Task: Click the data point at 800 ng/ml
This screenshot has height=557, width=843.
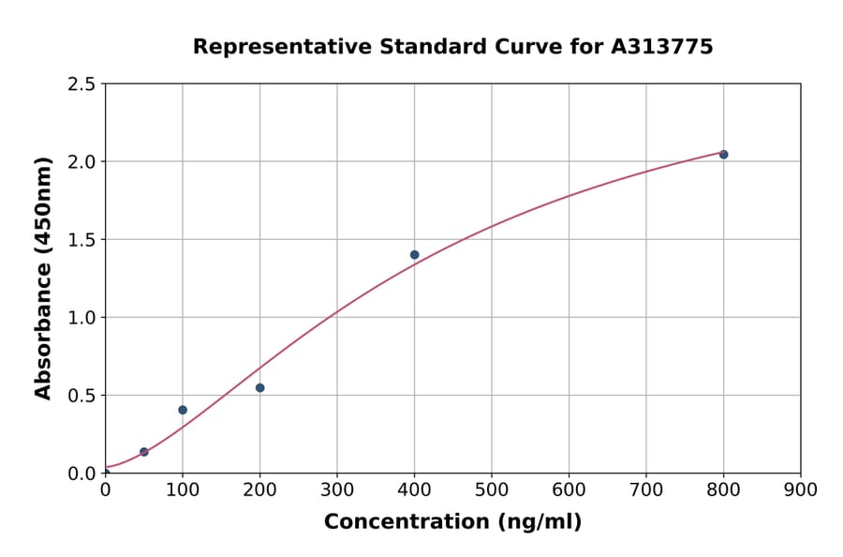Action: tap(723, 154)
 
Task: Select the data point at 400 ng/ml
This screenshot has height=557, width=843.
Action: tap(414, 254)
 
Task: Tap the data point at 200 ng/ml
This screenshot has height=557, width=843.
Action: tap(259, 387)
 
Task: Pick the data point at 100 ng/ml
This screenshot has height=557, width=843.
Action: tap(183, 410)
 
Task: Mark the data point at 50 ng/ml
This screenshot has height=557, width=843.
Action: tap(144, 452)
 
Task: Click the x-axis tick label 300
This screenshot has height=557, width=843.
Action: tap(337, 489)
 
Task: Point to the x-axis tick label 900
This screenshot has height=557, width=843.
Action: tap(801, 489)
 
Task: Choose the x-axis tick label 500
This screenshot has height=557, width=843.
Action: tap(492, 489)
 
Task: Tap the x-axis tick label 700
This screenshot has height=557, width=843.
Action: tap(646, 489)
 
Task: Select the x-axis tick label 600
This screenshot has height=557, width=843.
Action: tap(569, 489)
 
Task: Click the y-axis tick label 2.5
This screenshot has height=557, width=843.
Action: tap(82, 84)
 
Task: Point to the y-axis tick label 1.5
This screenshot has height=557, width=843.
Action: tap(82, 240)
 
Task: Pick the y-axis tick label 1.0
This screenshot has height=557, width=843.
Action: tap(82, 318)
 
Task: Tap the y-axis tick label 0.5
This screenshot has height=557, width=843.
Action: tap(82, 396)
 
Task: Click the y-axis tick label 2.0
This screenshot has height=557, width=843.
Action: tap(82, 162)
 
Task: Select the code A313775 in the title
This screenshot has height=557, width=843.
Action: tap(662, 46)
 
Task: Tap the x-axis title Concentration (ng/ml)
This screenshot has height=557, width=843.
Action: tap(452, 521)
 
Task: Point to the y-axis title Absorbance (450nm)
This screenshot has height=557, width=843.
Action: tap(43, 278)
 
